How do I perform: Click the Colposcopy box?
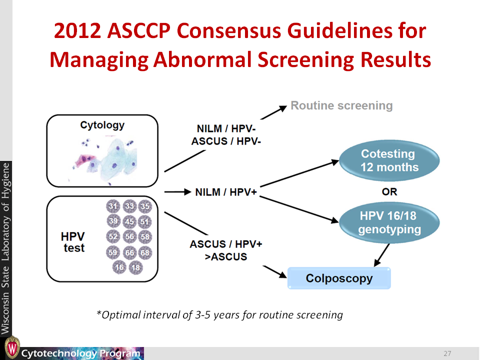point(339,278)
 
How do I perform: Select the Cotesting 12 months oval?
point(389,160)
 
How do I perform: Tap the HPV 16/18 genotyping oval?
point(389,222)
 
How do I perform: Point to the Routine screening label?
point(341,105)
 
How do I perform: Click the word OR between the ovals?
point(389,192)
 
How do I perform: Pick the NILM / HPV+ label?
point(226,192)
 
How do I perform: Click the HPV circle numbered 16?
point(119,267)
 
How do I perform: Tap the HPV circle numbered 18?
point(135,267)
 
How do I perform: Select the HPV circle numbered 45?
point(129,221)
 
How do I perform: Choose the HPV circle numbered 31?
point(113,206)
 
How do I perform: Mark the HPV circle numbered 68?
point(145,252)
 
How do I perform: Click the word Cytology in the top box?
point(102,125)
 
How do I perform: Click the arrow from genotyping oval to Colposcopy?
point(381,255)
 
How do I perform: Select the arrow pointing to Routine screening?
point(273,112)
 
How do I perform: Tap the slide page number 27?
point(447,353)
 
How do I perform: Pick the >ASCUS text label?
point(226,256)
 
